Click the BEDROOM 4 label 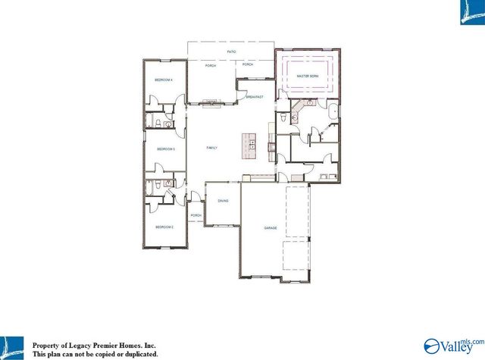coord(164,80)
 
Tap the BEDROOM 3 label coord(166,149)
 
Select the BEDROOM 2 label coord(164,227)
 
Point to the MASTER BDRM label coord(307,77)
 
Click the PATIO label coord(232,52)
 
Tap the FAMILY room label coord(212,148)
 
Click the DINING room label coord(223,201)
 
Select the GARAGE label coord(270,227)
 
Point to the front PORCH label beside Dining coord(196,215)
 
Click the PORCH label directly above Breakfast coord(248,64)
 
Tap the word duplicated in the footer coord(138,354)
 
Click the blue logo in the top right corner coord(469,14)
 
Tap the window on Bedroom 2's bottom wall coord(164,249)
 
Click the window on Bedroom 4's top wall coord(164,59)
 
